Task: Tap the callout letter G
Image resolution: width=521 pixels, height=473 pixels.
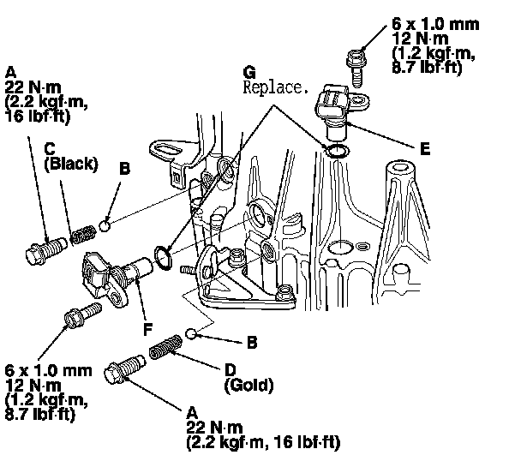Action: (249, 72)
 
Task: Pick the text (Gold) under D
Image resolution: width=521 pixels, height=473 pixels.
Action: (249, 386)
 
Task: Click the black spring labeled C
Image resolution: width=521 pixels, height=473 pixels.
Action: (82, 231)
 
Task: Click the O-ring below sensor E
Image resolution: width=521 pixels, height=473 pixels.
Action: (338, 152)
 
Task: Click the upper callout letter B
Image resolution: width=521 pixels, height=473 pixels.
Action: (124, 170)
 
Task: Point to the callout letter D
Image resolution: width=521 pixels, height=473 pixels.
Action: (231, 371)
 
